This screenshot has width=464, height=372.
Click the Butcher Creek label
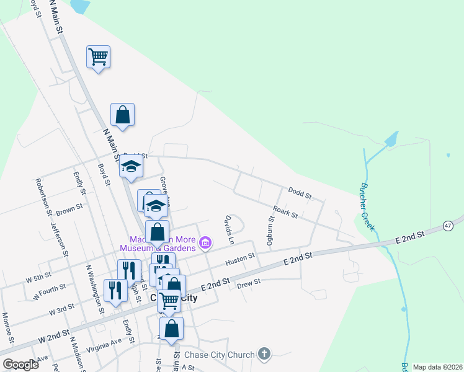pyautogui.click(x=368, y=207)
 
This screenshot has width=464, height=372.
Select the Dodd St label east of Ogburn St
pyautogui.click(x=300, y=193)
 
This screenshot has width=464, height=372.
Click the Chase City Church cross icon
pyautogui.click(x=264, y=355)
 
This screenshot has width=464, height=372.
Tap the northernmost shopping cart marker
pyautogui.click(x=98, y=57)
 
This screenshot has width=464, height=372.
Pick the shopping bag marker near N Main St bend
pyautogui.click(x=123, y=115)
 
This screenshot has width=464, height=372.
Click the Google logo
pyautogui.click(x=20, y=365)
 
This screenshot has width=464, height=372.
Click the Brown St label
pyautogui.click(x=69, y=210)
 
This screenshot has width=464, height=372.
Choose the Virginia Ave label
pyautogui.click(x=104, y=345)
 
